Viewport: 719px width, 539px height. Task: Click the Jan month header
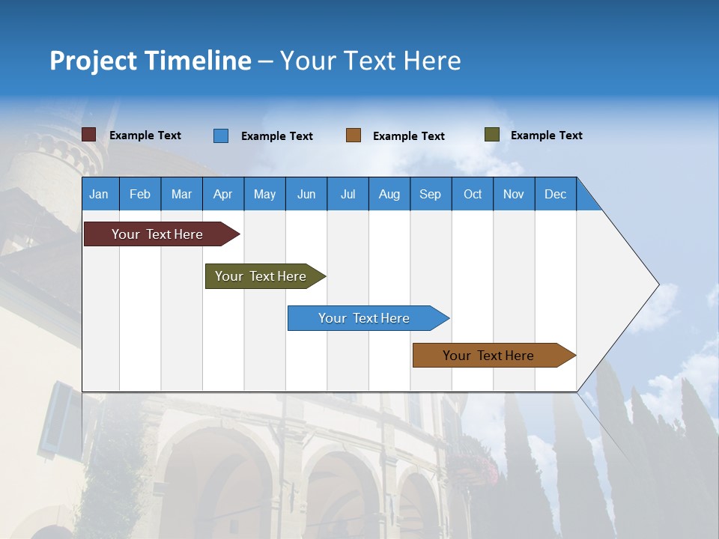(99, 194)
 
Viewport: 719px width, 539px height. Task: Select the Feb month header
(140, 194)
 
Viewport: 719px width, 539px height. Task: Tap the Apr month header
(222, 194)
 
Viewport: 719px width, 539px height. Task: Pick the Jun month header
(306, 194)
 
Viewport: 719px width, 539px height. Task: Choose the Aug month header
(389, 194)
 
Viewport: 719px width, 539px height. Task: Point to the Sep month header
(430, 194)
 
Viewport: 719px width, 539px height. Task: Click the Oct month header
(473, 194)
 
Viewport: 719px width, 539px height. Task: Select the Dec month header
(555, 194)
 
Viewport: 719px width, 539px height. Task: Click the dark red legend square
(89, 135)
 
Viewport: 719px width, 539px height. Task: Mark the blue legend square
(221, 135)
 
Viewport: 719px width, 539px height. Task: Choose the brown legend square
(354, 135)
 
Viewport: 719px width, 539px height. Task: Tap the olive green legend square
(491, 135)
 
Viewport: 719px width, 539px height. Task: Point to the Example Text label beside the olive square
(546, 135)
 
